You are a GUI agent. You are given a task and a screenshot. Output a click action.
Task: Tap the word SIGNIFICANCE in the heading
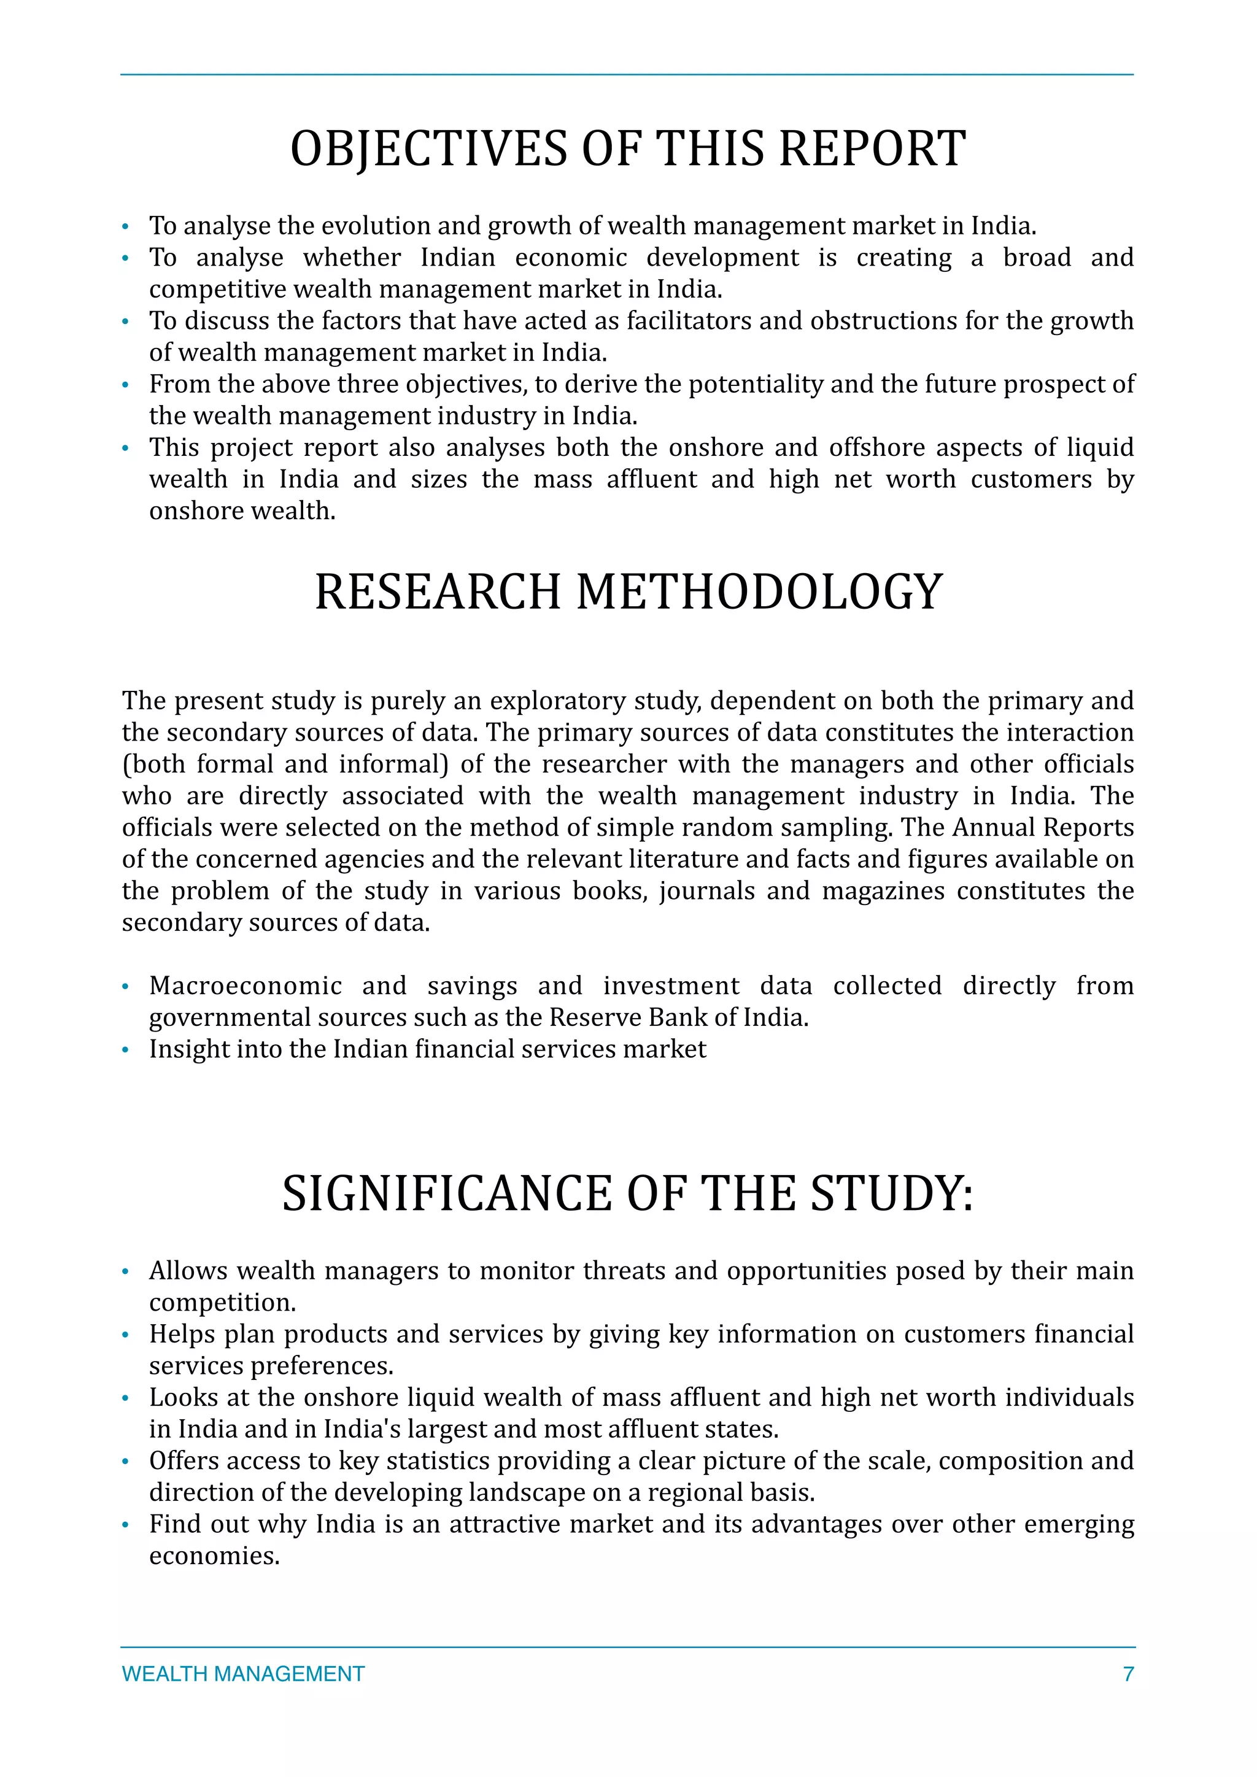click(447, 1193)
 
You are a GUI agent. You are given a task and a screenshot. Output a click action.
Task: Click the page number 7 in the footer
click(1127, 1674)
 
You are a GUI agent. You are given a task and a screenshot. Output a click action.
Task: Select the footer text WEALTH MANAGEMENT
click(243, 1674)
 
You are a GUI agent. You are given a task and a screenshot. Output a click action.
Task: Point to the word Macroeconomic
click(246, 986)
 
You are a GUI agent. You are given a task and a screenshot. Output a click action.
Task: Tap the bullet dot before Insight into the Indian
click(125, 1051)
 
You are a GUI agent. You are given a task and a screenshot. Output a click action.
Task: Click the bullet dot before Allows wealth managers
click(125, 1273)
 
